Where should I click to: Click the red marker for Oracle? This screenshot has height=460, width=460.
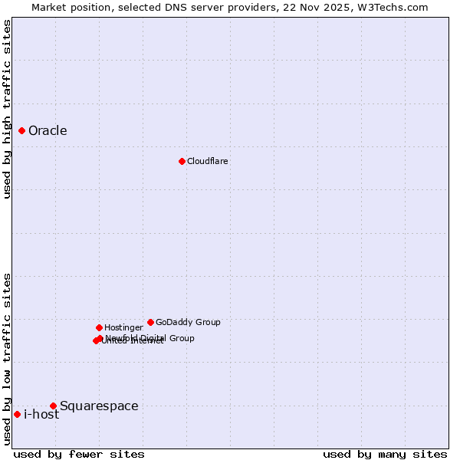click(21, 130)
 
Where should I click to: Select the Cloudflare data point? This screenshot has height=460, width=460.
click(182, 161)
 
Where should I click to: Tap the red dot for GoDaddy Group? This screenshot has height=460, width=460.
click(150, 322)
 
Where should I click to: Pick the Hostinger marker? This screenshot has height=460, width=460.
click(99, 327)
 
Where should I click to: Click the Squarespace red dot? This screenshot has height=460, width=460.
click(53, 406)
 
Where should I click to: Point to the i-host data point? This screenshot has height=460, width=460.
click(17, 414)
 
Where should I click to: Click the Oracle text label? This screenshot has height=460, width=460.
click(48, 130)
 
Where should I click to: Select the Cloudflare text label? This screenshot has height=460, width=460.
click(207, 161)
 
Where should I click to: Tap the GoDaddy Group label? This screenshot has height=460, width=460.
click(188, 322)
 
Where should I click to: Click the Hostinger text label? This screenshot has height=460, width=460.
click(123, 327)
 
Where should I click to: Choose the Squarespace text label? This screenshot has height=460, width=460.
click(99, 406)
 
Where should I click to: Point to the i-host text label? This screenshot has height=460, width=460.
click(41, 415)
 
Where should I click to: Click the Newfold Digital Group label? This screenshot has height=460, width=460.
click(150, 337)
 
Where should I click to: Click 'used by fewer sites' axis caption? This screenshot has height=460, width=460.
click(79, 454)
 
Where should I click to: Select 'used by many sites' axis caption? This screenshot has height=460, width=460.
click(385, 454)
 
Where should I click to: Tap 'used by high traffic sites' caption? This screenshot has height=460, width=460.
click(7, 109)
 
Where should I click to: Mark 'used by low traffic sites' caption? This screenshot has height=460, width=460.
click(7, 359)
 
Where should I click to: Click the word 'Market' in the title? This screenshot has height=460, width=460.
click(50, 7)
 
